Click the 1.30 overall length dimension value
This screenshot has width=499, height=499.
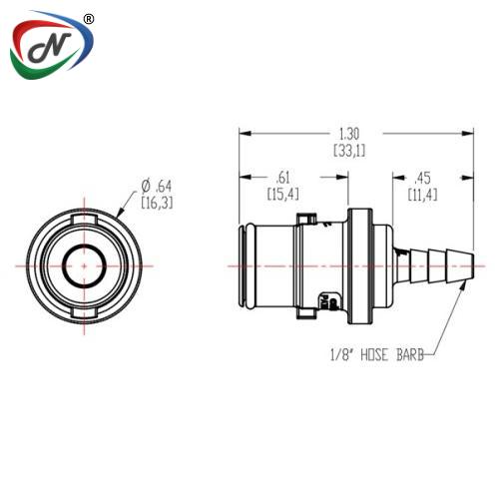click(x=349, y=134)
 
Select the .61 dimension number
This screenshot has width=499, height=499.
click(x=283, y=178)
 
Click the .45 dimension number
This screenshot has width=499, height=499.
click(x=422, y=178)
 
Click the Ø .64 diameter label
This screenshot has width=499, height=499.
click(x=157, y=187)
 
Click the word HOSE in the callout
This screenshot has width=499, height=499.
click(x=374, y=355)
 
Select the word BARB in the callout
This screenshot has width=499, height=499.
click(x=410, y=355)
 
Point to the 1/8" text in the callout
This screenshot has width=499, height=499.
click(x=341, y=355)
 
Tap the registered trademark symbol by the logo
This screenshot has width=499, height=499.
click(x=88, y=19)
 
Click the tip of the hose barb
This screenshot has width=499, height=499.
click(x=473, y=266)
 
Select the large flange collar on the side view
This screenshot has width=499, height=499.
click(x=360, y=266)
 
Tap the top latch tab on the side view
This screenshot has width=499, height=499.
click(x=306, y=220)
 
